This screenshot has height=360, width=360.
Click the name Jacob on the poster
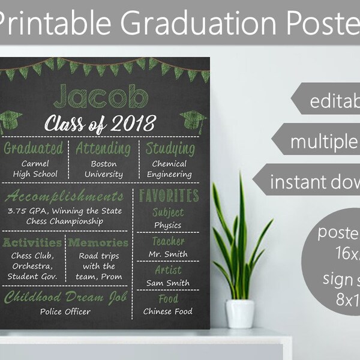pos(101,97)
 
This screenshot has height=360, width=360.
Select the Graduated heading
pos(34,148)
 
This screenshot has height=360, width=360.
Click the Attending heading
pos(103,148)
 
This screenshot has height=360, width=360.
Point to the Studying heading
pos(170,148)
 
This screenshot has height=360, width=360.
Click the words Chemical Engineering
pos(169,169)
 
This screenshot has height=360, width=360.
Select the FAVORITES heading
pos(169,195)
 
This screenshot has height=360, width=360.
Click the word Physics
pos(168,225)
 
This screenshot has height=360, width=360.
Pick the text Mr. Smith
pos(168,254)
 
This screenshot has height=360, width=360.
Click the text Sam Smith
pos(168,283)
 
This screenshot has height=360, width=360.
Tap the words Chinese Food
pos(168,311)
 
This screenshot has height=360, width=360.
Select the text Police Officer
pos(65,311)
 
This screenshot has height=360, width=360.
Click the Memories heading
pos(98,243)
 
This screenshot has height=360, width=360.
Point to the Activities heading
pos(32,243)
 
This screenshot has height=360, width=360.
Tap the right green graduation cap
pos(193,122)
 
